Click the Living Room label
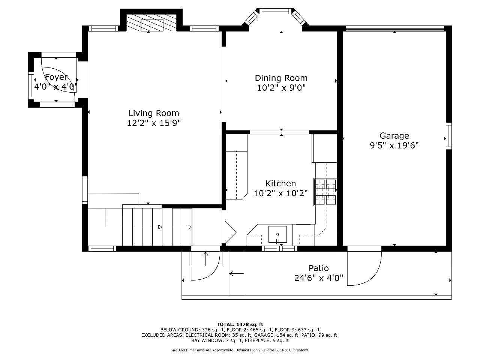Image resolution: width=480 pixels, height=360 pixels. point(154,113)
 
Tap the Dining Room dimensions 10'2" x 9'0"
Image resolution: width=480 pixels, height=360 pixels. point(281,88)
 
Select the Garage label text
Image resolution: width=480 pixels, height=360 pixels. point(394,136)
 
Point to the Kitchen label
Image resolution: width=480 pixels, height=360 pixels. point(280,183)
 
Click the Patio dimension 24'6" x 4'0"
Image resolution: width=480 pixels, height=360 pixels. point(318,278)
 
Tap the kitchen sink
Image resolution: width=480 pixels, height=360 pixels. point(277,234)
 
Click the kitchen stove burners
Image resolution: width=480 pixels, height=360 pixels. point(325,192)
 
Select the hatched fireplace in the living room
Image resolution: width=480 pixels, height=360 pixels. point(151,22)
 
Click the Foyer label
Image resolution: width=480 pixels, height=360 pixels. point(56,77)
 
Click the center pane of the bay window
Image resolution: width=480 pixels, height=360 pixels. point(275,11)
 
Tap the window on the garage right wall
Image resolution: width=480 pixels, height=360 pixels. point(449,136)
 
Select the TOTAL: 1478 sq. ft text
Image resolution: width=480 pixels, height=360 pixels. point(240,324)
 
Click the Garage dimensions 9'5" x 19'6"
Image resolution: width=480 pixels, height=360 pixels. point(394,145)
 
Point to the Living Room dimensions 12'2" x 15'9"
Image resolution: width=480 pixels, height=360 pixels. point(154,123)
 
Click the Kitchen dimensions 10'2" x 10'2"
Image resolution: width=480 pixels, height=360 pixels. point(280,193)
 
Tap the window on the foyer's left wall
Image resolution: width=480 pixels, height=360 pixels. point(31,85)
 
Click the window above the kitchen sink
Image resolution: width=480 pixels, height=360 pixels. point(280,249)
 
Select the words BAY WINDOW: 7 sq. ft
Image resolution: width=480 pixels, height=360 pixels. point(216,340)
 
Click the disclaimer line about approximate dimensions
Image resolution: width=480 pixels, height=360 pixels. point(240,350)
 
